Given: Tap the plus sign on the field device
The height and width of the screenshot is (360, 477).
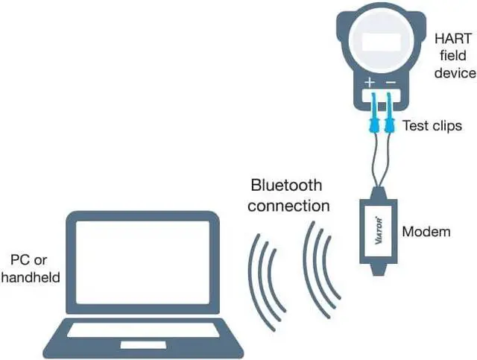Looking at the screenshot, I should [370, 82].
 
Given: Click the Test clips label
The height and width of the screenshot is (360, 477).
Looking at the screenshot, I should [432, 125].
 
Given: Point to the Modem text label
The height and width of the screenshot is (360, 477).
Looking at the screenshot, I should [426, 232].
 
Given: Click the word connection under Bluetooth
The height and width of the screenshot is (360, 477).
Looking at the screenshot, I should [288, 205].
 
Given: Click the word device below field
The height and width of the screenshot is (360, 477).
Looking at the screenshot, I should [455, 73].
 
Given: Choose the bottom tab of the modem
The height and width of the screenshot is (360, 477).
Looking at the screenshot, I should [379, 268].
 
